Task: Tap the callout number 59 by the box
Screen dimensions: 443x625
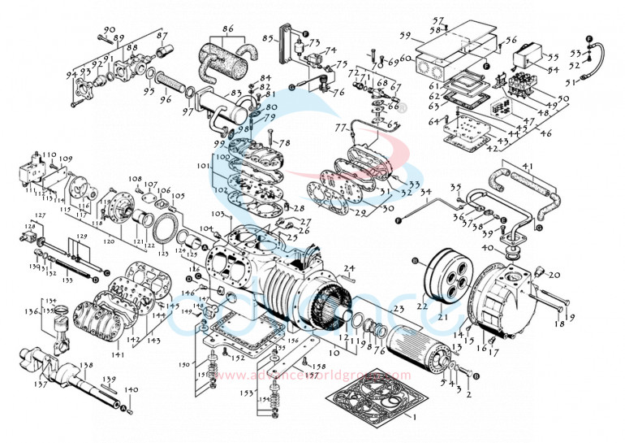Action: click(x=404, y=36)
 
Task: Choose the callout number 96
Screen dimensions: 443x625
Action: click(x=166, y=101)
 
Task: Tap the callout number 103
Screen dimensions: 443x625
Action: click(x=217, y=214)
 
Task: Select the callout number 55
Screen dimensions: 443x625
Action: click(x=554, y=58)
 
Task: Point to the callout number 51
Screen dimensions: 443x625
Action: click(x=570, y=82)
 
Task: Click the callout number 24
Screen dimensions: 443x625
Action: click(x=350, y=267)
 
